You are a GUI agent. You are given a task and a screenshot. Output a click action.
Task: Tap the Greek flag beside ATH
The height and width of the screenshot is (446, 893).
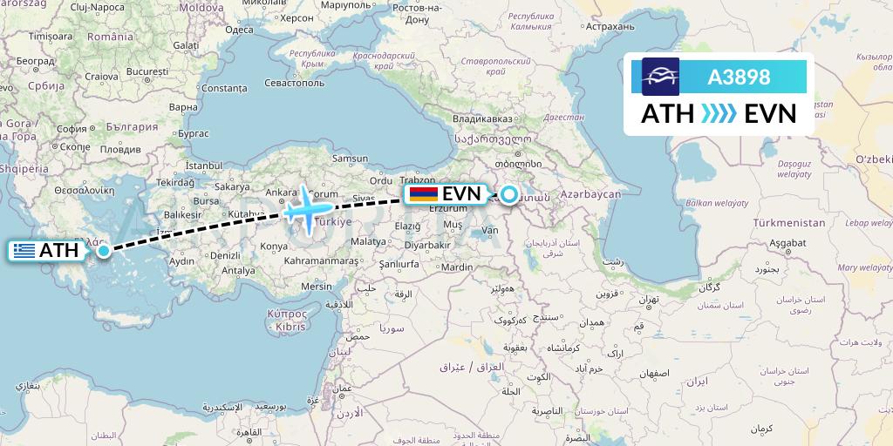coord(24,252)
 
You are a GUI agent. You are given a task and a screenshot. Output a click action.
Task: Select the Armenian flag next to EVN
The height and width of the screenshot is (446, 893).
coord(423,193)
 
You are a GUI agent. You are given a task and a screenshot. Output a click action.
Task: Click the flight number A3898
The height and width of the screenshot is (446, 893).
coord(739,77)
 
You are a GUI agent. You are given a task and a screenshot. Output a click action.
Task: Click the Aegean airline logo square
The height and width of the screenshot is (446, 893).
coord(660,77)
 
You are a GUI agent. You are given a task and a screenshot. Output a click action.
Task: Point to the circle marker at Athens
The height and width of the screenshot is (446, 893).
coord(104,252)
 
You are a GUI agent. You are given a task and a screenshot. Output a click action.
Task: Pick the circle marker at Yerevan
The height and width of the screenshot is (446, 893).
coord(508,194)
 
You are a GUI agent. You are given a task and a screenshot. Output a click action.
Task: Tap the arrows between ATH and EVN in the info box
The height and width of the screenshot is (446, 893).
coord(719,114)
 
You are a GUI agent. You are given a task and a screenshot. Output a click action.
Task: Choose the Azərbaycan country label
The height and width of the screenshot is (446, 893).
coord(591,193)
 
